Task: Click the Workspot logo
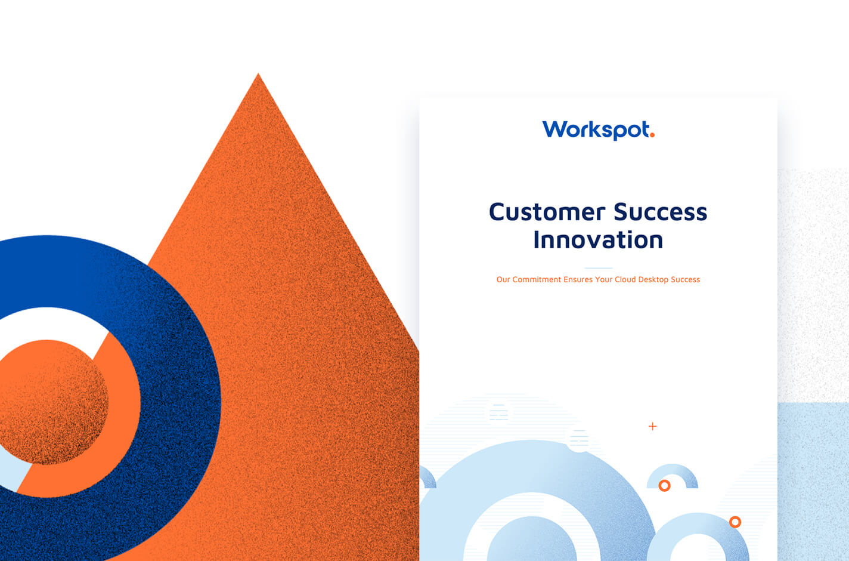pos(599,130)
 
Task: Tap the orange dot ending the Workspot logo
pos(652,134)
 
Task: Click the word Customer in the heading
pos(547,212)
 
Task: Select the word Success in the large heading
pos(660,212)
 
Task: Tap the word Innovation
pos(598,240)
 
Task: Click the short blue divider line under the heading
pos(599,268)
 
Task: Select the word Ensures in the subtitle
pos(578,279)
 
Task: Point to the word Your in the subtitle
pos(603,279)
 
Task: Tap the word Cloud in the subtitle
pos(625,279)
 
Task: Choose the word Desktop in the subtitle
pos(653,280)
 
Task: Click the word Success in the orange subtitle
pos(685,279)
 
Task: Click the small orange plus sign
pos(653,426)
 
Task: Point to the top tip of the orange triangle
pos(258,73)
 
